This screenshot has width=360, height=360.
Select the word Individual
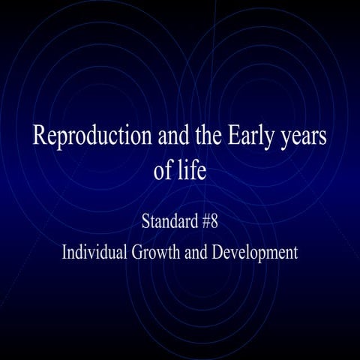click(93, 251)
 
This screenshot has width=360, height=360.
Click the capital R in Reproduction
click(39, 138)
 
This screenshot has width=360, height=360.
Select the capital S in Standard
click(145, 222)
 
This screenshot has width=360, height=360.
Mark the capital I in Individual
click(64, 251)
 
